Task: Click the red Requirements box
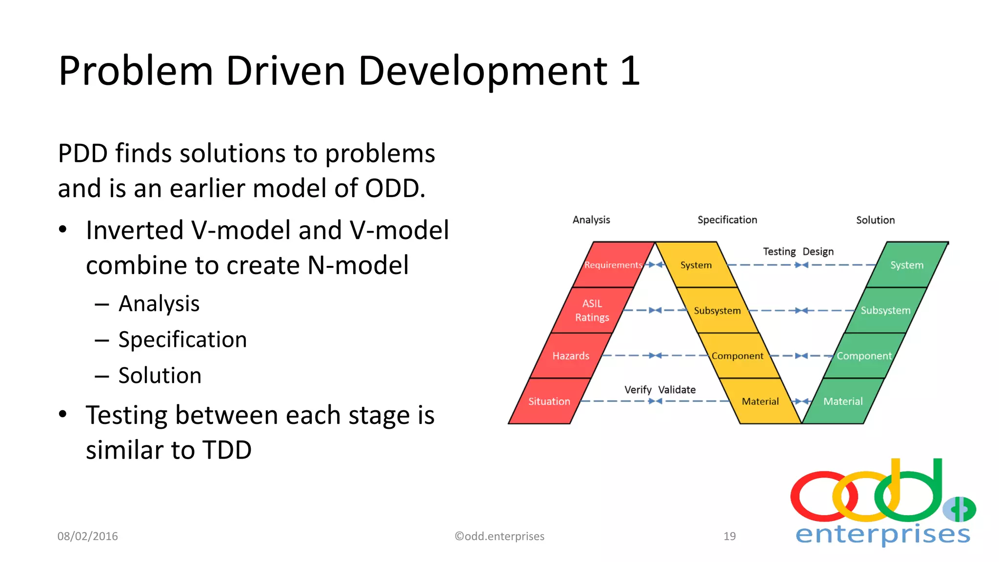tap(613, 264)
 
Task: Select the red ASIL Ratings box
tap(592, 310)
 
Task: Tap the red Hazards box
tap(571, 356)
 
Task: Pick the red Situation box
tap(549, 401)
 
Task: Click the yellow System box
tap(696, 265)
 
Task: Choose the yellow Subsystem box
tap(717, 310)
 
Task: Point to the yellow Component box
tap(738, 356)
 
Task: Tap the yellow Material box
tap(760, 401)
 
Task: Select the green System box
tap(907, 265)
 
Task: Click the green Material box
tap(843, 401)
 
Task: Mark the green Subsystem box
tap(885, 310)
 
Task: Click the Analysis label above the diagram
tap(591, 220)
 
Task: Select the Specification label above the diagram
tap(727, 220)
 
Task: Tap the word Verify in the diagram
tap(638, 390)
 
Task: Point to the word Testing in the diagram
tap(779, 251)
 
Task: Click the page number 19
tap(729, 536)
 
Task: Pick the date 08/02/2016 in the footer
tap(88, 536)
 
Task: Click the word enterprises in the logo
tap(882, 534)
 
